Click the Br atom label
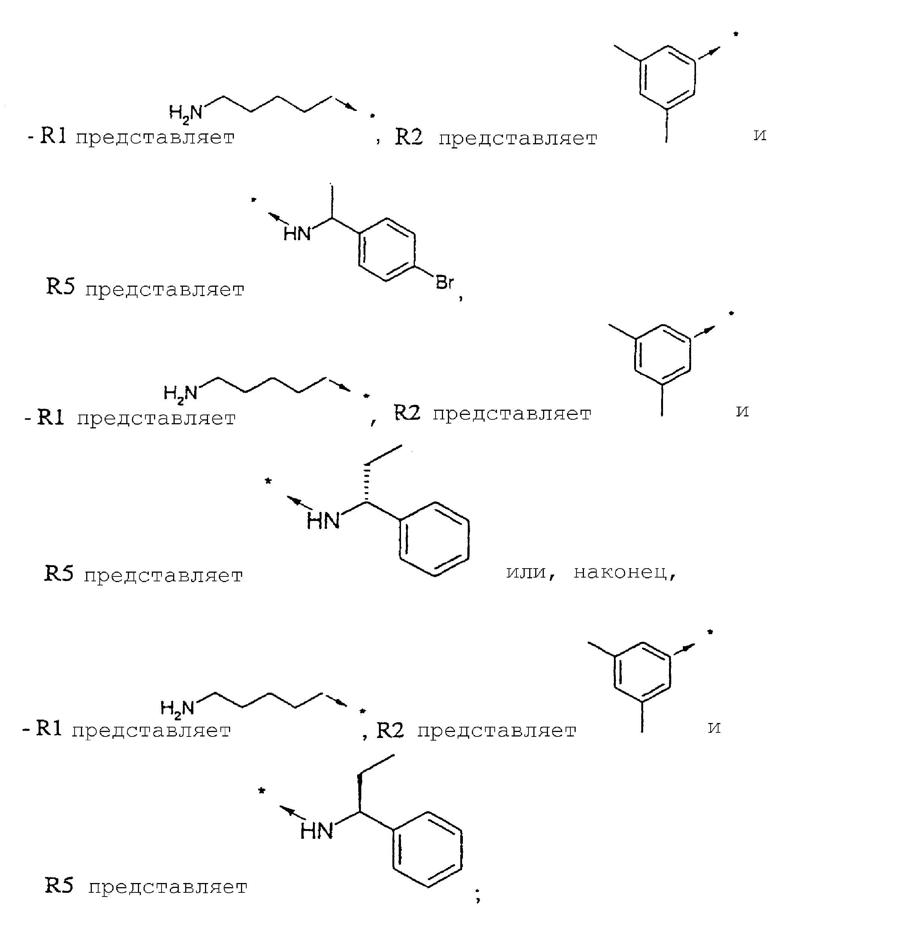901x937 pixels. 444,283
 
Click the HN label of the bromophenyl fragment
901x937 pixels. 297,234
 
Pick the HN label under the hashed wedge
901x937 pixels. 323,521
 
